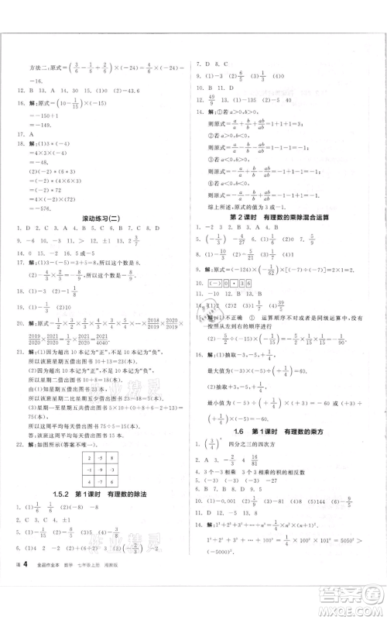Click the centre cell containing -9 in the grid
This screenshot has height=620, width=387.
tap(102, 479)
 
